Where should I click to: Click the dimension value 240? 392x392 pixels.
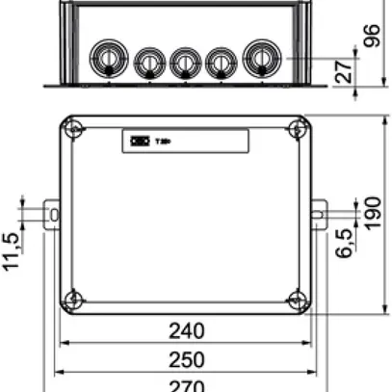pos(186,331)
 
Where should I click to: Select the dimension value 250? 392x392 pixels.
pos(186,359)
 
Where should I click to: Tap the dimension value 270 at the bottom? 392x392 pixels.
pos(186,385)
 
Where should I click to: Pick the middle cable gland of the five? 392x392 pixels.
pos(184,64)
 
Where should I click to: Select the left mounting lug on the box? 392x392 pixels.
pos(53,213)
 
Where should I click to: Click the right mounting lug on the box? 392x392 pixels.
pos(319,213)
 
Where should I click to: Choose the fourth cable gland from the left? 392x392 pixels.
pos(221,64)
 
